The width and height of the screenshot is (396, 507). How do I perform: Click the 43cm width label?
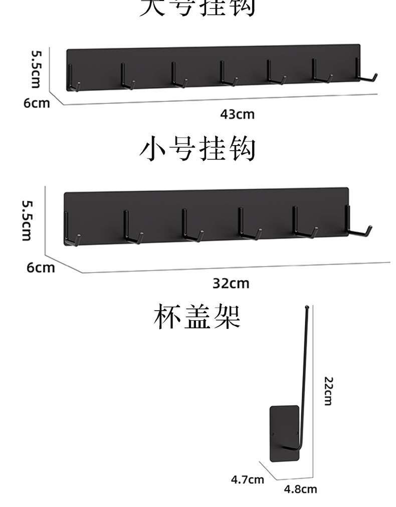[238, 114]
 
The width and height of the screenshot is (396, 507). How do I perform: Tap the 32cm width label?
[231, 284]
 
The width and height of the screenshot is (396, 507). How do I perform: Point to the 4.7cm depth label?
[247, 479]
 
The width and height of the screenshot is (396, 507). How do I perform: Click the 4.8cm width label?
[301, 489]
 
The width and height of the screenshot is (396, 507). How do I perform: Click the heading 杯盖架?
[197, 316]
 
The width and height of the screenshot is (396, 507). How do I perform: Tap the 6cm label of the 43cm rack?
[37, 103]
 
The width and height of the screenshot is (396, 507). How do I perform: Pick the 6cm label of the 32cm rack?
[41, 267]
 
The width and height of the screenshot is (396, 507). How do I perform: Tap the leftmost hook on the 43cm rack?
[73, 80]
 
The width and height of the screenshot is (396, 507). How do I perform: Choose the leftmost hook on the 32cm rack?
[70, 231]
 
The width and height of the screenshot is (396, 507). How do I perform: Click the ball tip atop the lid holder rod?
[307, 305]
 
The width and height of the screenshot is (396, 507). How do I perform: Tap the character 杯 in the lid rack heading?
[166, 316]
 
